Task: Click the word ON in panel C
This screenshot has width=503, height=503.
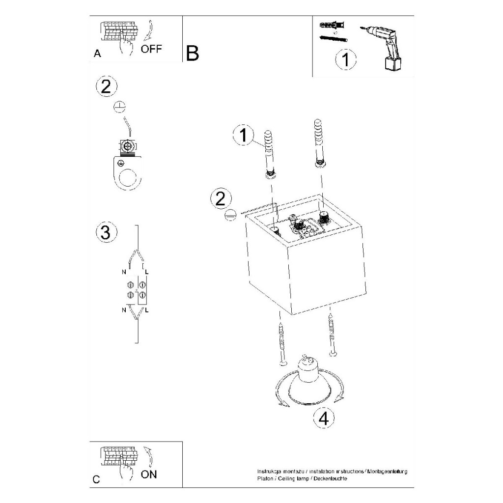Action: pos(149,474)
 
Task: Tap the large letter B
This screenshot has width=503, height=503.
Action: pos(193,53)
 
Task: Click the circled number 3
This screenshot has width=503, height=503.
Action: pos(105,232)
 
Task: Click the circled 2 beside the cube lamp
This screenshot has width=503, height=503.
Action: pos(220,198)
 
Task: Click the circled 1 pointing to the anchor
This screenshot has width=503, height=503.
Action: pos(243,135)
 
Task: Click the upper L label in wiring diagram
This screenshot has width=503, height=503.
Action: pos(146,271)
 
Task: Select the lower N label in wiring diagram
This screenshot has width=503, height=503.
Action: pos(123,310)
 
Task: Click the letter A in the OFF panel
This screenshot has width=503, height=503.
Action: pos(97,54)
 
